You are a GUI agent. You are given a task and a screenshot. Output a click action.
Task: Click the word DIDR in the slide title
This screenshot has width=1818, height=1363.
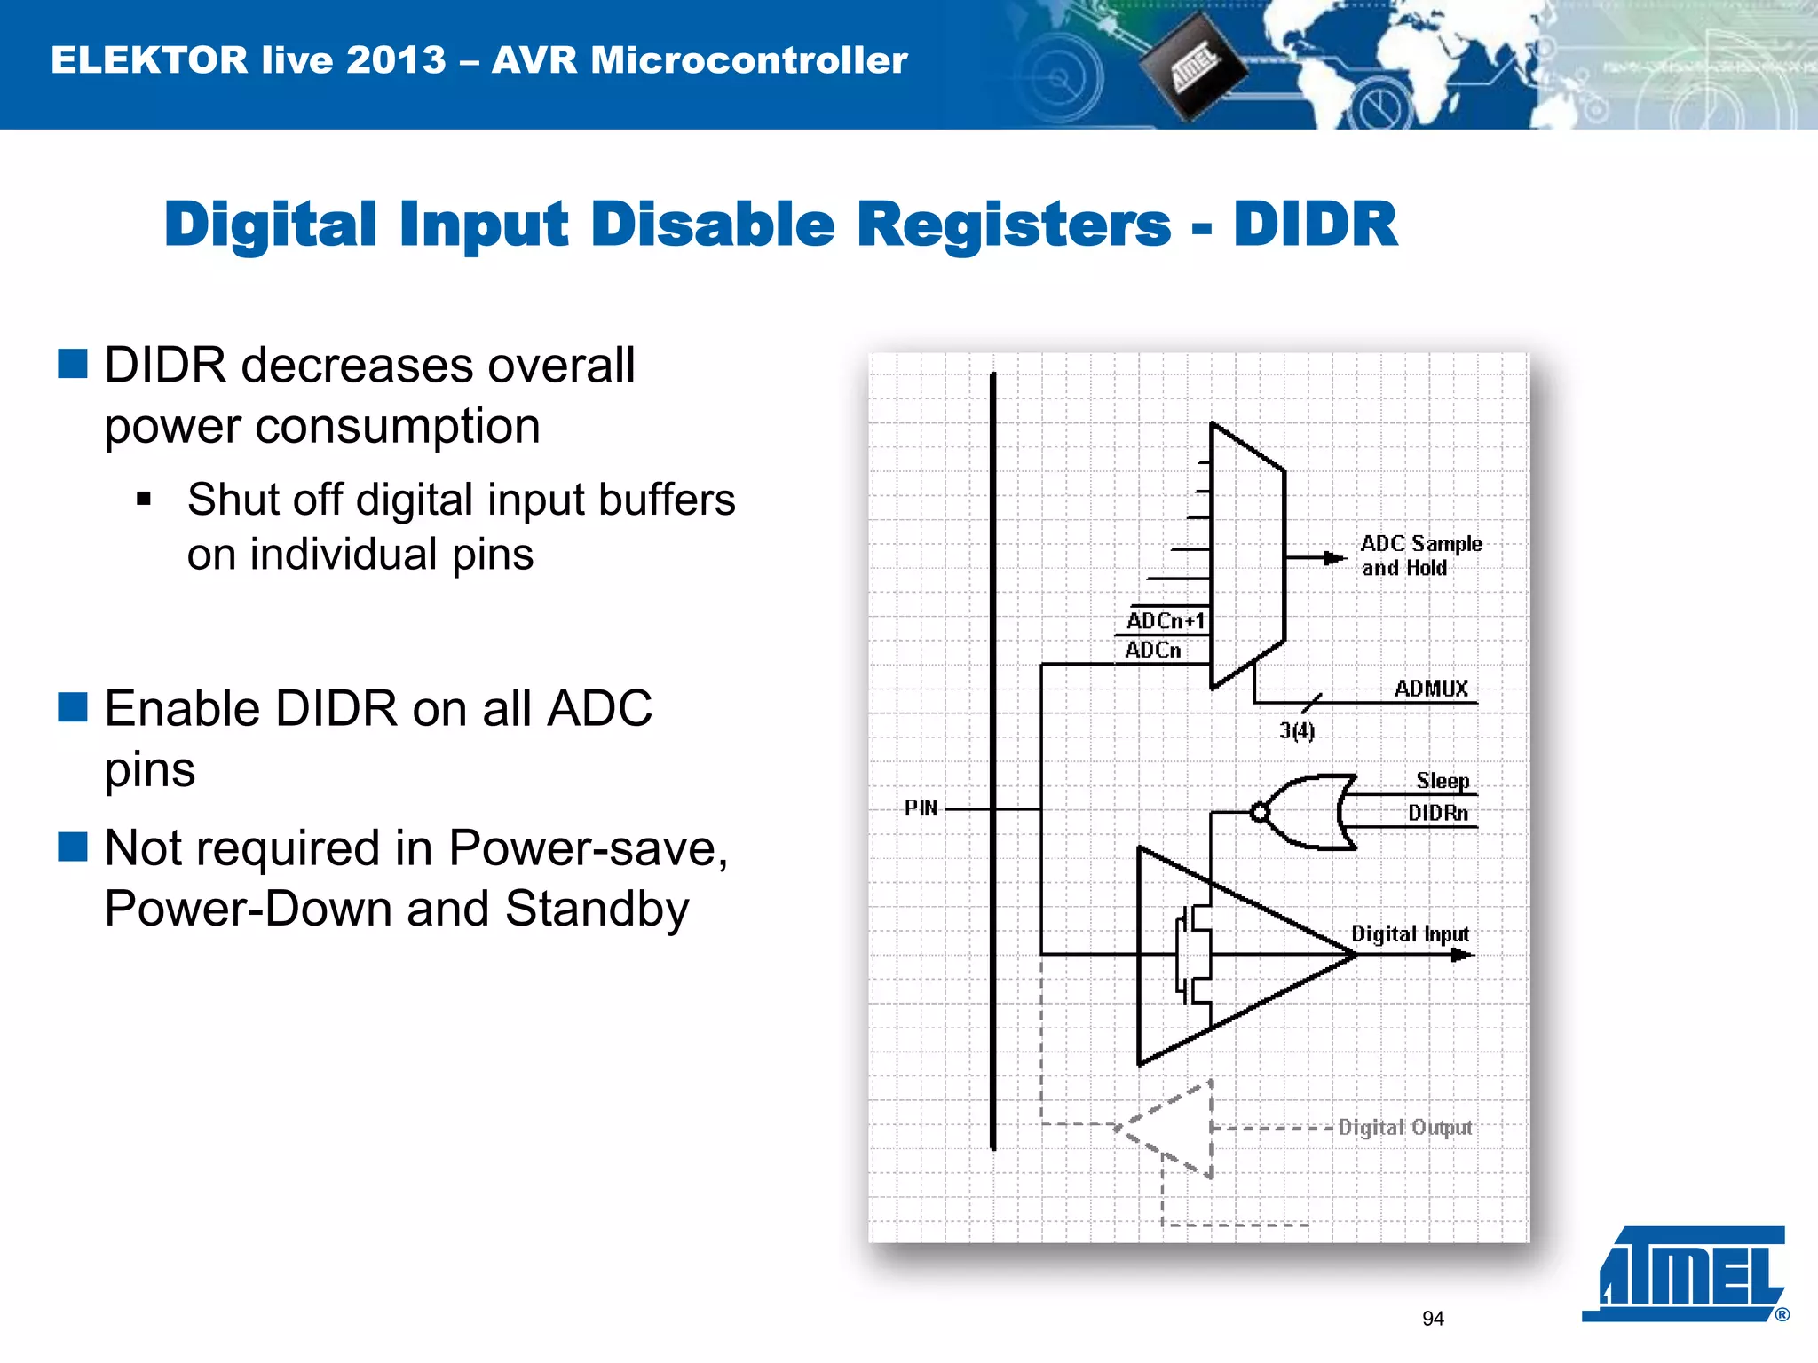pyautogui.click(x=1315, y=224)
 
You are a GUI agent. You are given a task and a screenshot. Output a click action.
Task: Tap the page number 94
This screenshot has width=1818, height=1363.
pyautogui.click(x=1433, y=1319)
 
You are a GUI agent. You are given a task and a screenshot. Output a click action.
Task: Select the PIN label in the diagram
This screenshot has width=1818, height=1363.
pyautogui.click(x=921, y=808)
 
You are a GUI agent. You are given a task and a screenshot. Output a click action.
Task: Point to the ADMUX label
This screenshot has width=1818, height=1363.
pyautogui.click(x=1431, y=688)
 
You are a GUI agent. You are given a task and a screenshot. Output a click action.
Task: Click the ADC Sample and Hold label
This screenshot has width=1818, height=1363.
pyautogui.click(x=1419, y=555)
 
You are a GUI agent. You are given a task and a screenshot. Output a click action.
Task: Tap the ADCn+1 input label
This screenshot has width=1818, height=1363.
pyautogui.click(x=1165, y=620)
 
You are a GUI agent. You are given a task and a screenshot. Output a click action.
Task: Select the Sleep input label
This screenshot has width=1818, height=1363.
pyautogui.click(x=1443, y=780)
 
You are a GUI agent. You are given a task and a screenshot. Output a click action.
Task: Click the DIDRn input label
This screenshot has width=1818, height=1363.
pyautogui.click(x=1437, y=812)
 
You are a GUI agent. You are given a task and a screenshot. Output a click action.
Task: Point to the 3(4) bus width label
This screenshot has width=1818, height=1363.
pyautogui.click(x=1297, y=730)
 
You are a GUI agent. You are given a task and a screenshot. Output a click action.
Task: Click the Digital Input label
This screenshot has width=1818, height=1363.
pyautogui.click(x=1410, y=934)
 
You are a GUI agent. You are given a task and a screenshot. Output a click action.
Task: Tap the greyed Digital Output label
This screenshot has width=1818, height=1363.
pyautogui.click(x=1404, y=1127)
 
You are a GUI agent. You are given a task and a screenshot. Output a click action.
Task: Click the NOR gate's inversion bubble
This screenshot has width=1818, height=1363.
pyautogui.click(x=1259, y=812)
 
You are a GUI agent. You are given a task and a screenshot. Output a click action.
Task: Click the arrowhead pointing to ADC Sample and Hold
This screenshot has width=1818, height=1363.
pyautogui.click(x=1334, y=558)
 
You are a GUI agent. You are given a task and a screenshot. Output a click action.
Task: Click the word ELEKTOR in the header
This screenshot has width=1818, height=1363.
pyautogui.click(x=149, y=60)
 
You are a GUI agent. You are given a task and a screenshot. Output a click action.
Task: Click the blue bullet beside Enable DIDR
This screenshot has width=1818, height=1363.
pyautogui.click(x=73, y=707)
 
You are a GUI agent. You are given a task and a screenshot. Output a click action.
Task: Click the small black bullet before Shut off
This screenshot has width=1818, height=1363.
pyautogui.click(x=144, y=499)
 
